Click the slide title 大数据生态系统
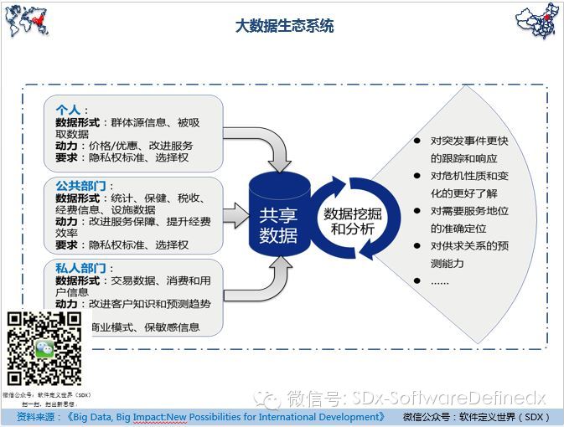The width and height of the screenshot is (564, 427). point(284,26)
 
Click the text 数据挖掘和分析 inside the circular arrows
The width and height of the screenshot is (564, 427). point(349,220)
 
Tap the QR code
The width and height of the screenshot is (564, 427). point(44,348)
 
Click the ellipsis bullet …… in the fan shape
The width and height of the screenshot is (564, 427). point(441,281)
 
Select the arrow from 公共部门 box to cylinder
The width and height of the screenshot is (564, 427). point(237,214)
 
